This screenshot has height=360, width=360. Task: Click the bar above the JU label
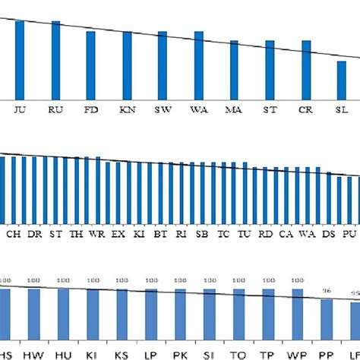(20, 59)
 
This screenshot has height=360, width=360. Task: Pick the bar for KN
(127, 65)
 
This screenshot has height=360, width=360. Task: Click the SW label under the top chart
(163, 109)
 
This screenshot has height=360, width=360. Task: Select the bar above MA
(234, 69)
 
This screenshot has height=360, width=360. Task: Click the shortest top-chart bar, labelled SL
(342, 79)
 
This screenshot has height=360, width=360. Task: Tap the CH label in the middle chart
(14, 235)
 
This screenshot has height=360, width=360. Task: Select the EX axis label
(118, 235)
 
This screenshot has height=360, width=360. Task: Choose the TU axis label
(244, 235)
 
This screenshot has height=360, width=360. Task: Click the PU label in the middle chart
(349, 235)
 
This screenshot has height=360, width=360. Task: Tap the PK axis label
(180, 355)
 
